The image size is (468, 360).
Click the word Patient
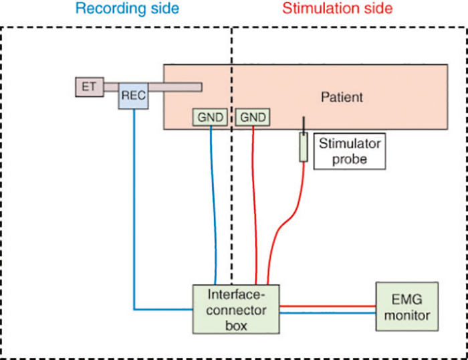coord(341,97)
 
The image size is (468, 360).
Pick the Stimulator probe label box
coord(350,151)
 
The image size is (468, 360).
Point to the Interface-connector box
coord(235,308)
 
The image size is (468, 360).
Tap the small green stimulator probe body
coord(304,147)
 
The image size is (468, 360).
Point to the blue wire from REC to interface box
coord(134,221)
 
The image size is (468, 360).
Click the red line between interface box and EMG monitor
coord(327,306)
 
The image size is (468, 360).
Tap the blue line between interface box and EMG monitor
coord(327,312)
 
